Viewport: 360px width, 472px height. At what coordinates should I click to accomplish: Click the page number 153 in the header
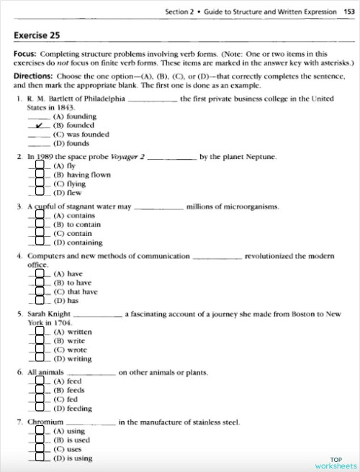point(349,12)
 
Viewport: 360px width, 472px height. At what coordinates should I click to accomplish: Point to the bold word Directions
point(33,74)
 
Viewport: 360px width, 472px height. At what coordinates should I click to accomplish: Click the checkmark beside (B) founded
point(41,124)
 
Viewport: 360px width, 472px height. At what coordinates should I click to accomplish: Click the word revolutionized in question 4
point(274,256)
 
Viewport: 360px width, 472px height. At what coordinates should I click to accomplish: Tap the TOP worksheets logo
point(335,462)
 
